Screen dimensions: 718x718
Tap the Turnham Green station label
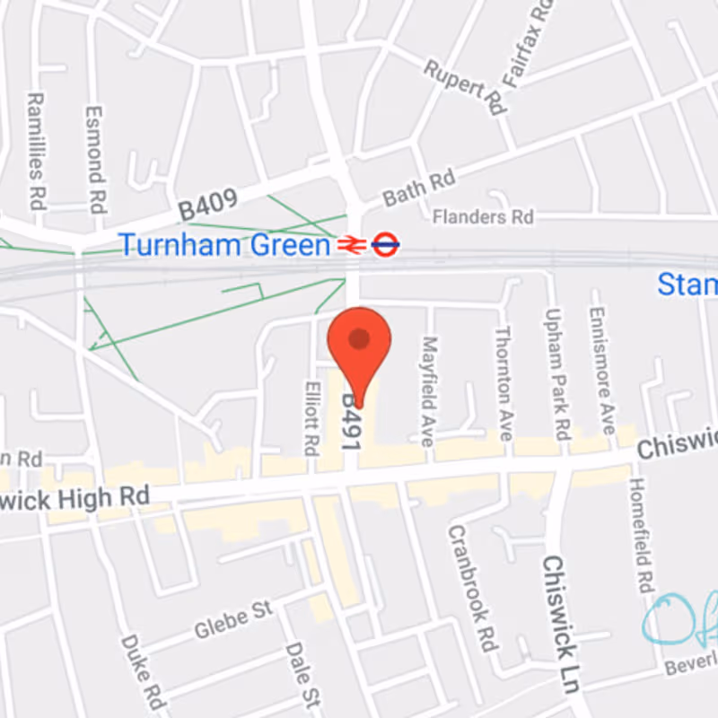[225, 244]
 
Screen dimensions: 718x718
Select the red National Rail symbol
[349, 244]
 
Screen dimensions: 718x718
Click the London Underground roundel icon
[385, 244]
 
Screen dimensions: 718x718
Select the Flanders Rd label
[482, 217]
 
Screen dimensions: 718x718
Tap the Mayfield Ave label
[428, 391]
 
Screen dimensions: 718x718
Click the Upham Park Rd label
[556, 368]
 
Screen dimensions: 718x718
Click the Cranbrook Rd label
[472, 588]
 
